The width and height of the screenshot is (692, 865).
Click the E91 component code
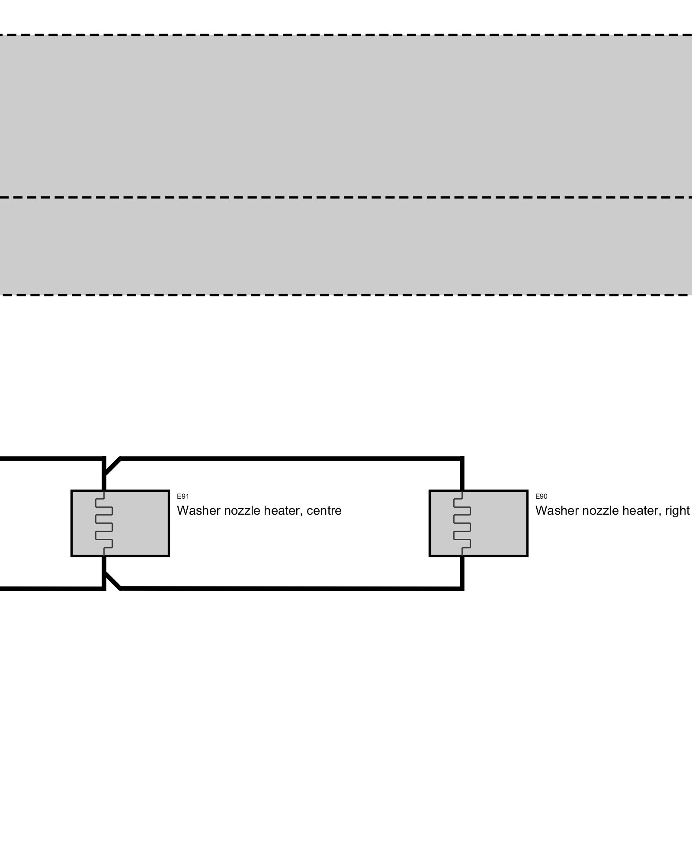point(183,497)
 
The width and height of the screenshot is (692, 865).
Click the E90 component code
point(541,497)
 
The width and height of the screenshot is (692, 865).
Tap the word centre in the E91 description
point(324,511)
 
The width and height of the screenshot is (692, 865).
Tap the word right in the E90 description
point(677,511)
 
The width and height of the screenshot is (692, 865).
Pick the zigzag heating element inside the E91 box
point(104,523)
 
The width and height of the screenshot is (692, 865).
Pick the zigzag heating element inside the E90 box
point(462,523)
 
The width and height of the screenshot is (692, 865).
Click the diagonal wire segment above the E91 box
point(112,466)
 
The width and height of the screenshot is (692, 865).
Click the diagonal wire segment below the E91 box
point(112,580)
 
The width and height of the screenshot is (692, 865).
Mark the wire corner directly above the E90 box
point(462,458)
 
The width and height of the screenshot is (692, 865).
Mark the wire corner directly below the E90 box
point(462,588)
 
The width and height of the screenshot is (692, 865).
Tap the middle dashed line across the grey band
point(346,197)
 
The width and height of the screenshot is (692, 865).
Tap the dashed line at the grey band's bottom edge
point(346,295)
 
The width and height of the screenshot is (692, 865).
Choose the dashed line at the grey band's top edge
point(346,35)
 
